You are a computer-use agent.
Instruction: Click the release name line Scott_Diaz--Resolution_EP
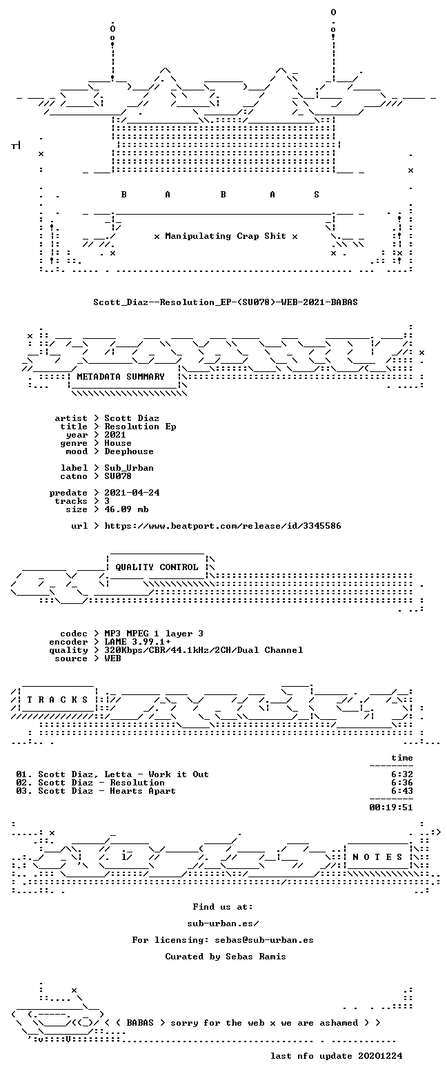pos(225,302)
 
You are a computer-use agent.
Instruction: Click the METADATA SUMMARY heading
pos(121,376)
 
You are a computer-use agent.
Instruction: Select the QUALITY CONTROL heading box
pos(157,567)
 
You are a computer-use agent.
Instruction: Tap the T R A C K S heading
pos(57,699)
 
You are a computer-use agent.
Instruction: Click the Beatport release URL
pos(223,526)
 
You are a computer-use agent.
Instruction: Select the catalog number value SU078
pos(118,476)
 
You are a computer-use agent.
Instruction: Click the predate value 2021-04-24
pos(132,493)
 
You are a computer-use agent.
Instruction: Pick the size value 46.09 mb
pos(126,509)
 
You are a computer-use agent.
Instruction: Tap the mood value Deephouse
pos(129,451)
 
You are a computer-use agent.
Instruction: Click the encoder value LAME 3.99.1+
pos(137,642)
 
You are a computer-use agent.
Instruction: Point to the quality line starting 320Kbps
pos(203,650)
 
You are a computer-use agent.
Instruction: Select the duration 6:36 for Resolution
pos(402,783)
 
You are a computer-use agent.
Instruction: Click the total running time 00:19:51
pos(391,808)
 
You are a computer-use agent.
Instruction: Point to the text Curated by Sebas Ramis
pos(225,957)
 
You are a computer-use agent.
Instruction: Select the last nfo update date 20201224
pos(380,1056)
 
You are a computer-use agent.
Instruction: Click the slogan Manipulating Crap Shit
pos(225,236)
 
